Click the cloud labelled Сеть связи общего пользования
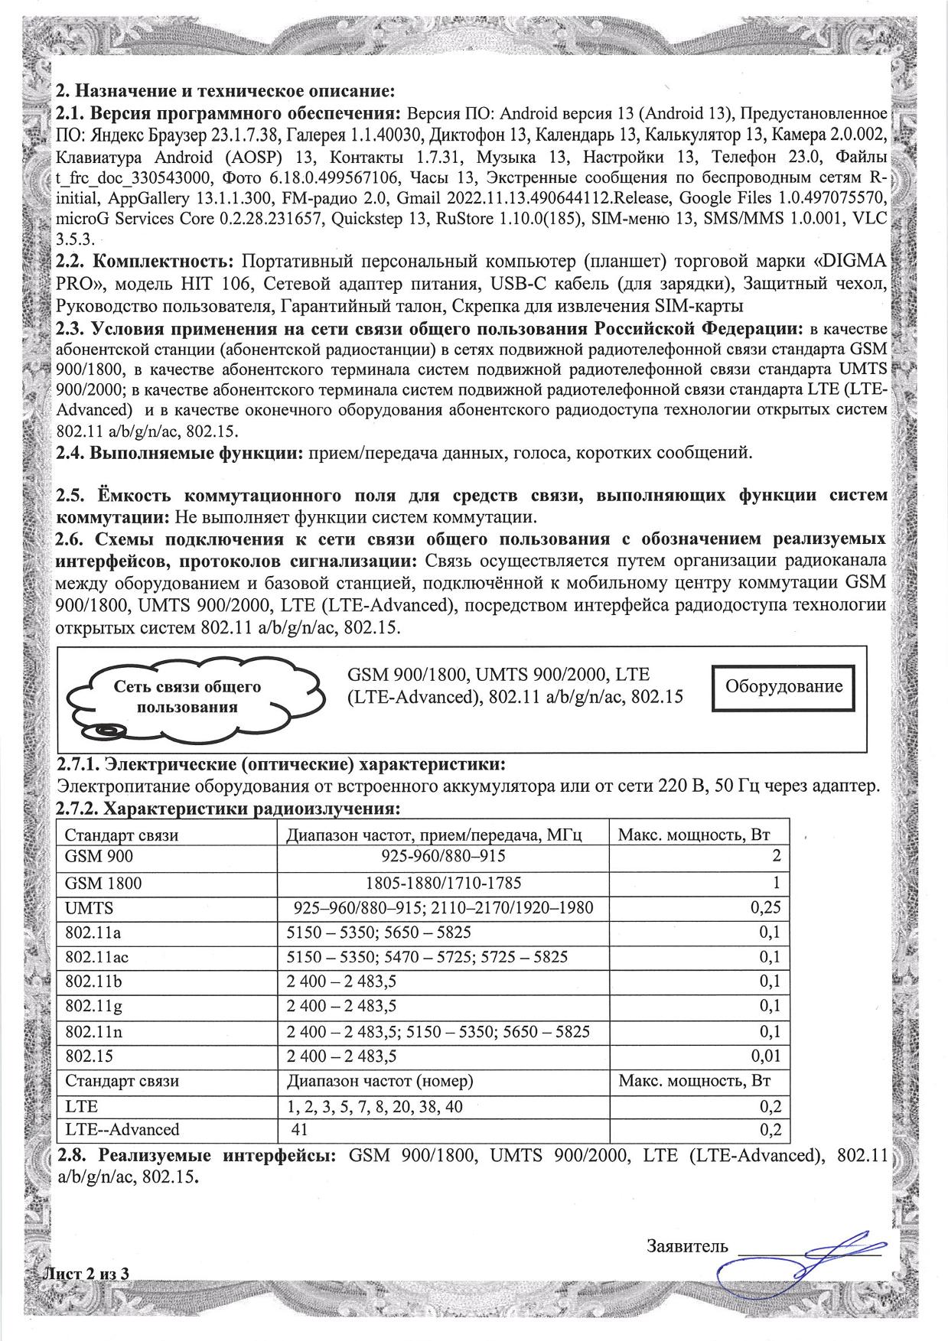pyautogui.click(x=187, y=696)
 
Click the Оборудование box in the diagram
pyautogui.click(x=783, y=685)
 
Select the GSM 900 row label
pyautogui.click(x=99, y=858)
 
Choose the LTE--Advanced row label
pyautogui.click(x=122, y=1130)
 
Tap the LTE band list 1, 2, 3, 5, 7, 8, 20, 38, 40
pyautogui.click(x=374, y=1106)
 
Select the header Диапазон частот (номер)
pyautogui.click(x=380, y=1081)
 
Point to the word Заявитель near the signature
pyautogui.click(x=687, y=1246)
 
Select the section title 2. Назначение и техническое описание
pyautogui.click(x=226, y=92)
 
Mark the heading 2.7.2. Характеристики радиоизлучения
pyautogui.click(x=230, y=809)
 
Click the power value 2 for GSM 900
pyautogui.click(x=776, y=858)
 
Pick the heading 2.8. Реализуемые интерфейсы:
pyautogui.click(x=197, y=1155)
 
